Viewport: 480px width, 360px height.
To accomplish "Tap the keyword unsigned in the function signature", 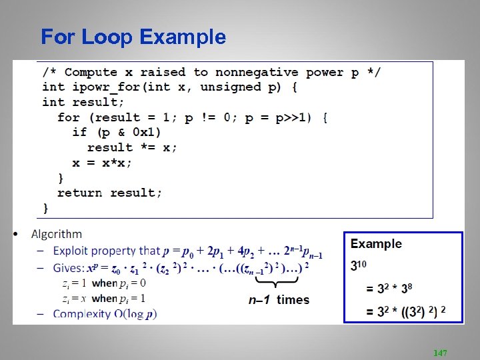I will (230, 87).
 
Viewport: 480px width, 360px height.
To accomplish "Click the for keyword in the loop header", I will (69, 117).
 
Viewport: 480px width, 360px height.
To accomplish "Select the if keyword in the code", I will (79, 132).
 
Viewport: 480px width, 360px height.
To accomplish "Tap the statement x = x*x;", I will (102, 163).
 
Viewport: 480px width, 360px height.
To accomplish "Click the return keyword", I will (79, 193).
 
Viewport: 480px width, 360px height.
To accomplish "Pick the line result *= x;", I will (132, 147).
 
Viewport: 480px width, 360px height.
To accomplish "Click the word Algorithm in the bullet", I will (57, 234).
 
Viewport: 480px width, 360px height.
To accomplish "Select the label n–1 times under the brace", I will (279, 300).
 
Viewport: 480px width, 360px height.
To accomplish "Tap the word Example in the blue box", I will (377, 244).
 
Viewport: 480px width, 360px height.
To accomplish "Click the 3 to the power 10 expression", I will (359, 265).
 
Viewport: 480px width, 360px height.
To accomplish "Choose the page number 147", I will (440, 352).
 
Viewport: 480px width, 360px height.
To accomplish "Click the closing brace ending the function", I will (46, 208).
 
